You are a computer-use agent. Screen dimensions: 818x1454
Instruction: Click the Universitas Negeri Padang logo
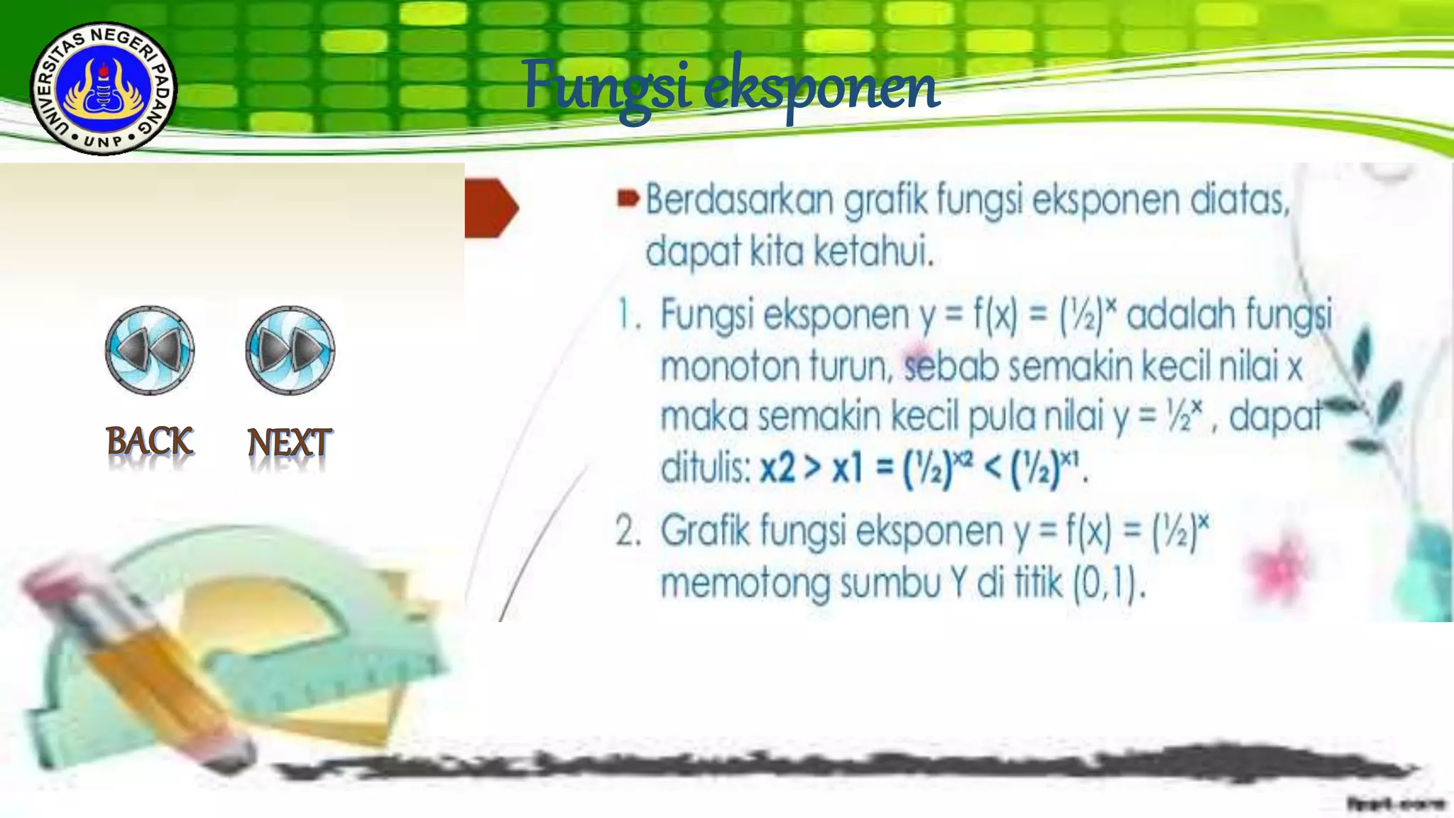[104, 88]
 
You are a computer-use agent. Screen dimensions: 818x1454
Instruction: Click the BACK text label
[149, 441]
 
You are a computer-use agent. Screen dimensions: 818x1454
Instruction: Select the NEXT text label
[289, 442]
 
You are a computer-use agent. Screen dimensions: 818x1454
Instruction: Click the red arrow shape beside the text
[491, 207]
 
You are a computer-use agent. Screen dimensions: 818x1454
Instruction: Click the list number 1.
[627, 315]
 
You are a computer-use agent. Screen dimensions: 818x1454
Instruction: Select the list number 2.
[628, 530]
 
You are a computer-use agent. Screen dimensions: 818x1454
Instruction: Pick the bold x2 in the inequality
[777, 469]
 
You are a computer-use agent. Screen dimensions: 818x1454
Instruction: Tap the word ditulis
[704, 469]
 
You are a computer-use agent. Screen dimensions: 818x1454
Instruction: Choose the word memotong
[745, 584]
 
